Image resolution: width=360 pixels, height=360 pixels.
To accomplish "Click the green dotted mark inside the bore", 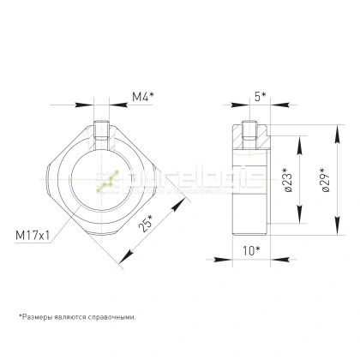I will [107, 183].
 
